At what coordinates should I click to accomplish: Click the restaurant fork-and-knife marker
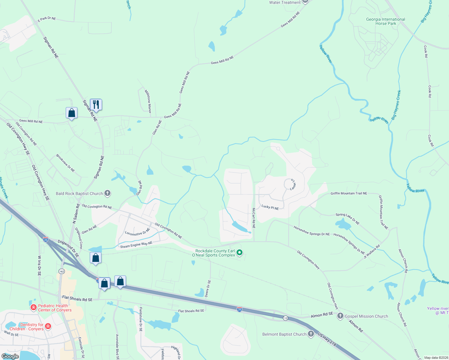96,105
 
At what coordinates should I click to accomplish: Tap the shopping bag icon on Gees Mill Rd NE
72,113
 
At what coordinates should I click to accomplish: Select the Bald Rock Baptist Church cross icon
107,193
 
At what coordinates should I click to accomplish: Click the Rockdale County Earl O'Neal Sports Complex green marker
240,253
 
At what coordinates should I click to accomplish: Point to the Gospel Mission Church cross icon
340,316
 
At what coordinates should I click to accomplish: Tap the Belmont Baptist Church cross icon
311,334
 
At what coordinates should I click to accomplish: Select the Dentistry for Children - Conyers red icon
48,326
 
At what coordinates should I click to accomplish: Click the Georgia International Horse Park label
385,21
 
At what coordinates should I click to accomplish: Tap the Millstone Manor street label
148,101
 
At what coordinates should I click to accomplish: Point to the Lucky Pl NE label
270,207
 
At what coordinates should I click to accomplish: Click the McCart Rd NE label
254,218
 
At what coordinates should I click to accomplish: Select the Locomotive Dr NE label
137,232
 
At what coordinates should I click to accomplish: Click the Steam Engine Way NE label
136,245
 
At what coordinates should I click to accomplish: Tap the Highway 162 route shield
62,271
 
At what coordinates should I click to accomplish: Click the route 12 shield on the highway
285,318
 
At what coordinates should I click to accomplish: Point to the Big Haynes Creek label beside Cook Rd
396,105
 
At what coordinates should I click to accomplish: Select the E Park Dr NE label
47,19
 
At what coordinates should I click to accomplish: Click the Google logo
10,356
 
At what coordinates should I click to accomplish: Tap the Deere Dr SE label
207,288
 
